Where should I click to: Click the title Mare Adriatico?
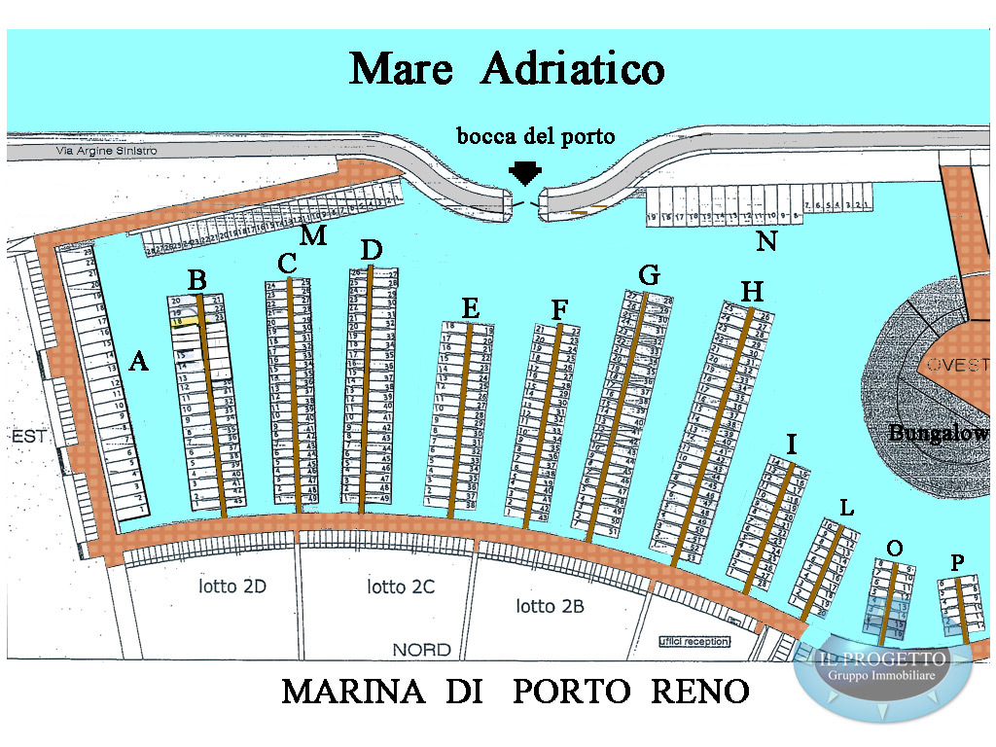pyautogui.click(x=507, y=69)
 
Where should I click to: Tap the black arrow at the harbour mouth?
pyautogui.click(x=524, y=173)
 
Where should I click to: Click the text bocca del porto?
pyautogui.click(x=536, y=136)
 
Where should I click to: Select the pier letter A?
pyautogui.click(x=138, y=362)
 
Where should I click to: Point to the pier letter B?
pyautogui.click(x=196, y=281)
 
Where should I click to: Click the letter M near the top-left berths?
pyautogui.click(x=313, y=235)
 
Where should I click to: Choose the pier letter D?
pyautogui.click(x=371, y=249)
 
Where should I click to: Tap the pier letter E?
pyautogui.click(x=471, y=308)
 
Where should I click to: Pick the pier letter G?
pyautogui.click(x=649, y=275)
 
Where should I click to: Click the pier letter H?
pyautogui.click(x=752, y=291)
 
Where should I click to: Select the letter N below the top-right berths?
pyautogui.click(x=766, y=241)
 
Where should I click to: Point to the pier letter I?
pyautogui.click(x=792, y=445)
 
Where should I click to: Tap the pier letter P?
pyautogui.click(x=958, y=561)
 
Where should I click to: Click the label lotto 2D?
pyautogui.click(x=232, y=587)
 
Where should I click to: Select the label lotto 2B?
pyautogui.click(x=550, y=606)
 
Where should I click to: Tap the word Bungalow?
pyautogui.click(x=938, y=433)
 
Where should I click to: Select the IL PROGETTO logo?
pyautogui.click(x=882, y=668)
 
